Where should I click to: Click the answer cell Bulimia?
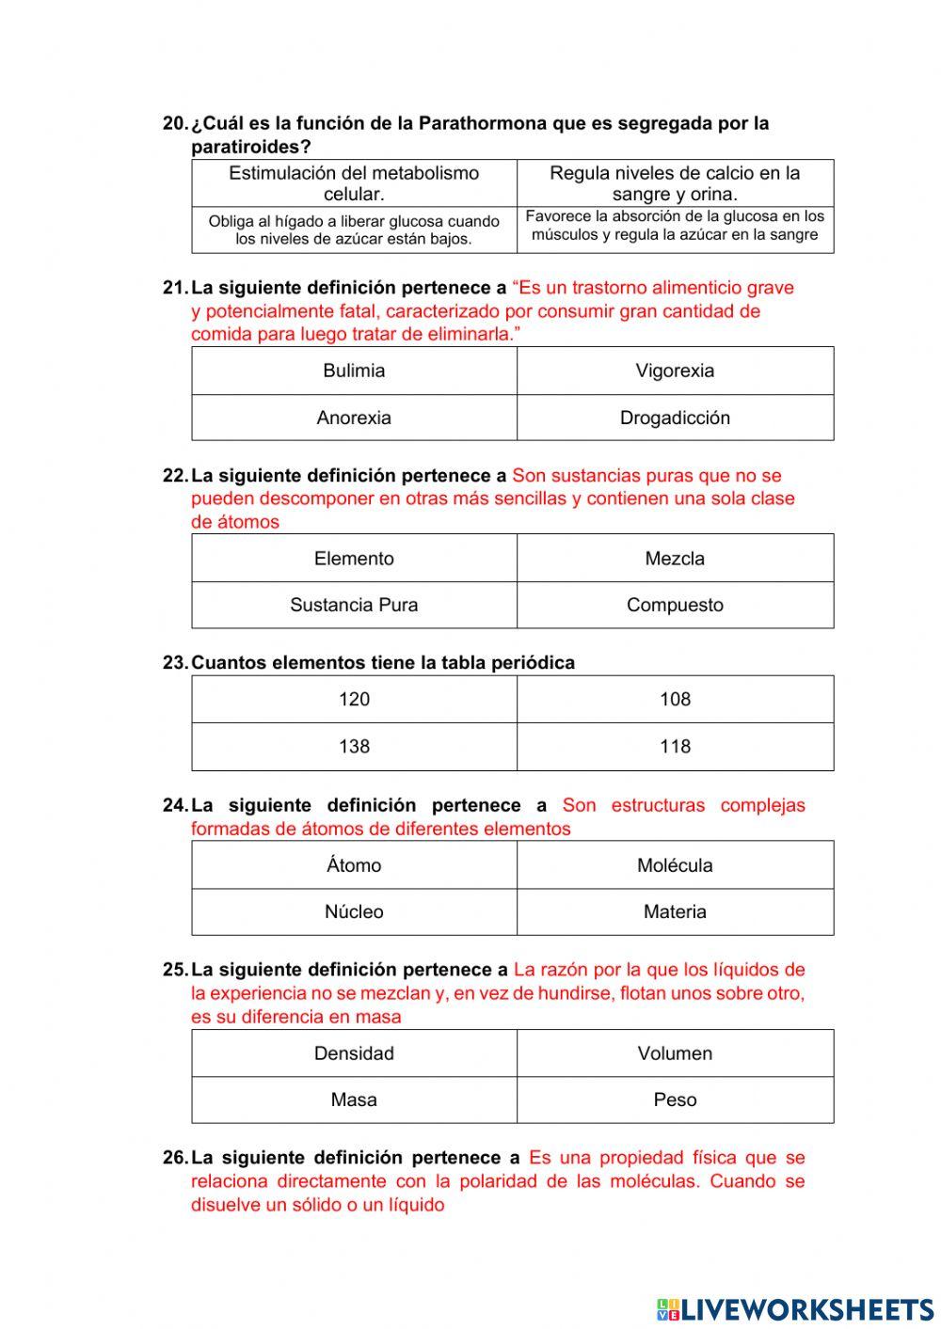tap(354, 371)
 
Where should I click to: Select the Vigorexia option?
tap(675, 371)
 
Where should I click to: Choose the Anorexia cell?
tap(354, 418)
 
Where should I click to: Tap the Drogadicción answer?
tap(675, 418)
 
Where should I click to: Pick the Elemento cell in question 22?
tap(354, 559)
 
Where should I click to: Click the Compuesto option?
tap(675, 605)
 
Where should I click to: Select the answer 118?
tap(675, 747)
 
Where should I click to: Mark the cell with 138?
tap(354, 747)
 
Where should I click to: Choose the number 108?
tap(675, 700)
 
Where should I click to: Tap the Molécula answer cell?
tap(675, 865)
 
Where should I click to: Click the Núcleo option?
tap(354, 911)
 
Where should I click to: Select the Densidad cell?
tap(354, 1053)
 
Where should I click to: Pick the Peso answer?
tap(675, 1100)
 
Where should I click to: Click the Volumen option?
tap(675, 1053)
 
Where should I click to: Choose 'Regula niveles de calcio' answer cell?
tap(675, 183)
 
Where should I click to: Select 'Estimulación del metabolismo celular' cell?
tap(354, 183)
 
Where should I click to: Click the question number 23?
tap(174, 663)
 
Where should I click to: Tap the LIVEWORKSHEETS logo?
tap(795, 1308)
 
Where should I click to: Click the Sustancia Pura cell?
tap(354, 605)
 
